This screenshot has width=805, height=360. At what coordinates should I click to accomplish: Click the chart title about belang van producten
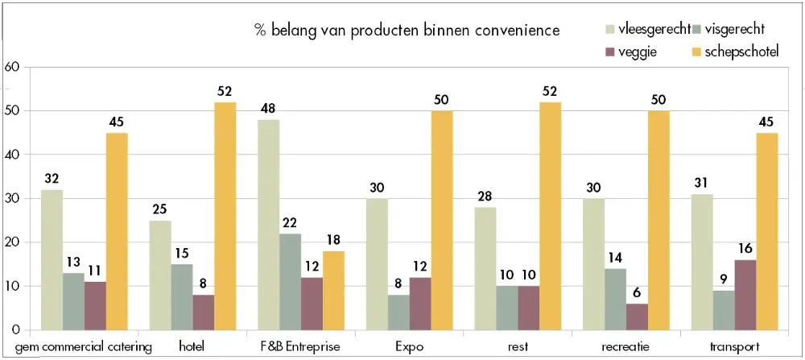(407, 31)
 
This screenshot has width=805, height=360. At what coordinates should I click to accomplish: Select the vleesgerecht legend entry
(647, 30)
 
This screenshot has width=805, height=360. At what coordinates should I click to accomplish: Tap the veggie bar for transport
(745, 295)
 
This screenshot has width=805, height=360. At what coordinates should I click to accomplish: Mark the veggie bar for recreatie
(637, 317)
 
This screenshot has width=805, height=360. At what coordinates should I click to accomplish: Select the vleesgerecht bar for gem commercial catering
(52, 259)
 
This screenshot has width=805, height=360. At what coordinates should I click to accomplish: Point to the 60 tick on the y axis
(11, 67)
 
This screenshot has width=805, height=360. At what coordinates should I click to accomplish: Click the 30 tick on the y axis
(11, 198)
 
